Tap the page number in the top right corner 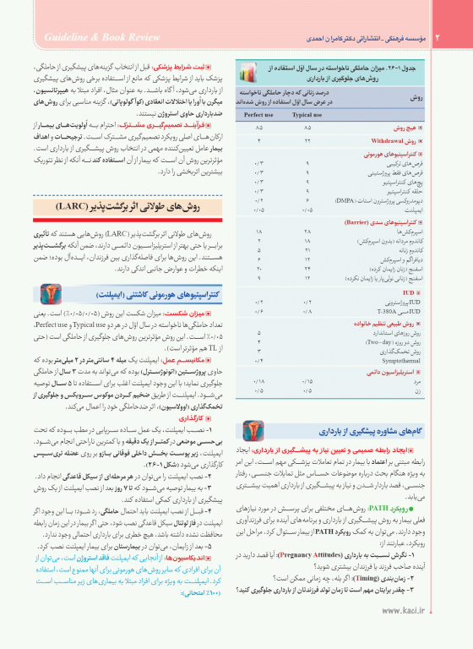(438, 37)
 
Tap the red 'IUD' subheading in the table (414, 292)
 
